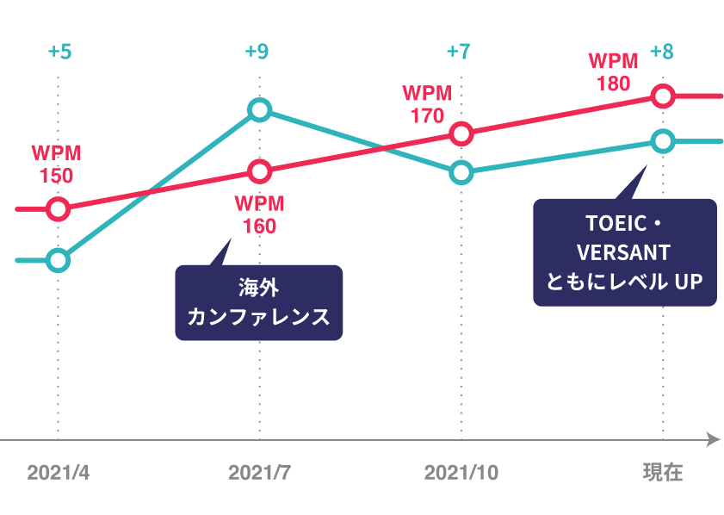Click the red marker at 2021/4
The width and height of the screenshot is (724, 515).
point(58,208)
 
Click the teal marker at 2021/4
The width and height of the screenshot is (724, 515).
point(58,260)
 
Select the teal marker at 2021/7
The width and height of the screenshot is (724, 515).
point(259,110)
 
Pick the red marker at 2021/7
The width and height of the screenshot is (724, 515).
point(259,171)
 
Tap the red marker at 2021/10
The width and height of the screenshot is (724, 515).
point(461,133)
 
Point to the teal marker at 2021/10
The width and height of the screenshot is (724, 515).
point(461,172)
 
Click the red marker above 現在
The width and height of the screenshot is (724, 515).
point(662,96)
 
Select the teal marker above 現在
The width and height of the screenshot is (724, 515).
point(662,140)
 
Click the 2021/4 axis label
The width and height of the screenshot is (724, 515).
point(58,473)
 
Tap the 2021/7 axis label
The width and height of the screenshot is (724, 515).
point(259,473)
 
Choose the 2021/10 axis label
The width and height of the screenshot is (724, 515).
point(461,473)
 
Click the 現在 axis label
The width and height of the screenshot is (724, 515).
point(662,473)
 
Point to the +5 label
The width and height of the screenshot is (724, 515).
point(59,52)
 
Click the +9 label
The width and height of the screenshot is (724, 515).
point(257,52)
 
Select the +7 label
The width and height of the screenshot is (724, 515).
point(459,52)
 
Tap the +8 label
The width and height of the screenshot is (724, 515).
point(662,52)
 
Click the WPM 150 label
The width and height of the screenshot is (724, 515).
point(56,164)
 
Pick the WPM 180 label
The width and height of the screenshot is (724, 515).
point(613,72)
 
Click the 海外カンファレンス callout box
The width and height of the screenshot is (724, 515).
point(259,302)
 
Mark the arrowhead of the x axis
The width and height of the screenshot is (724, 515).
point(713,440)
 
